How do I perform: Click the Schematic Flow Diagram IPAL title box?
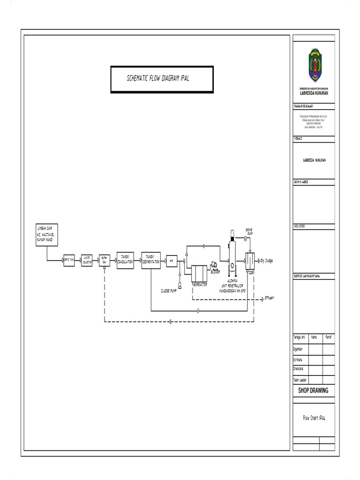coord(162,79)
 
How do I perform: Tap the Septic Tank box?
coord(69,261)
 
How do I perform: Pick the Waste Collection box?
coord(87,261)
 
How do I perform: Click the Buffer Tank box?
coord(105,261)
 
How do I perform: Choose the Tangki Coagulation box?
coord(125,260)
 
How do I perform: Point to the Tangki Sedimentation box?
coord(151,260)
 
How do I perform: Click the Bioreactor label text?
coord(200,284)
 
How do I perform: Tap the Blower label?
coord(215,272)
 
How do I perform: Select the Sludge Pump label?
coord(172,291)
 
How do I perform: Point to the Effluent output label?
coord(269,298)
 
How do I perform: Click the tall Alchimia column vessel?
coord(231,253)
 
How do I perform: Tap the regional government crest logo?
coord(314,67)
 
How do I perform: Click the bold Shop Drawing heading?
coord(314,390)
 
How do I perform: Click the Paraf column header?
coord(329,337)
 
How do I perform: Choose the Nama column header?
coord(315,337)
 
